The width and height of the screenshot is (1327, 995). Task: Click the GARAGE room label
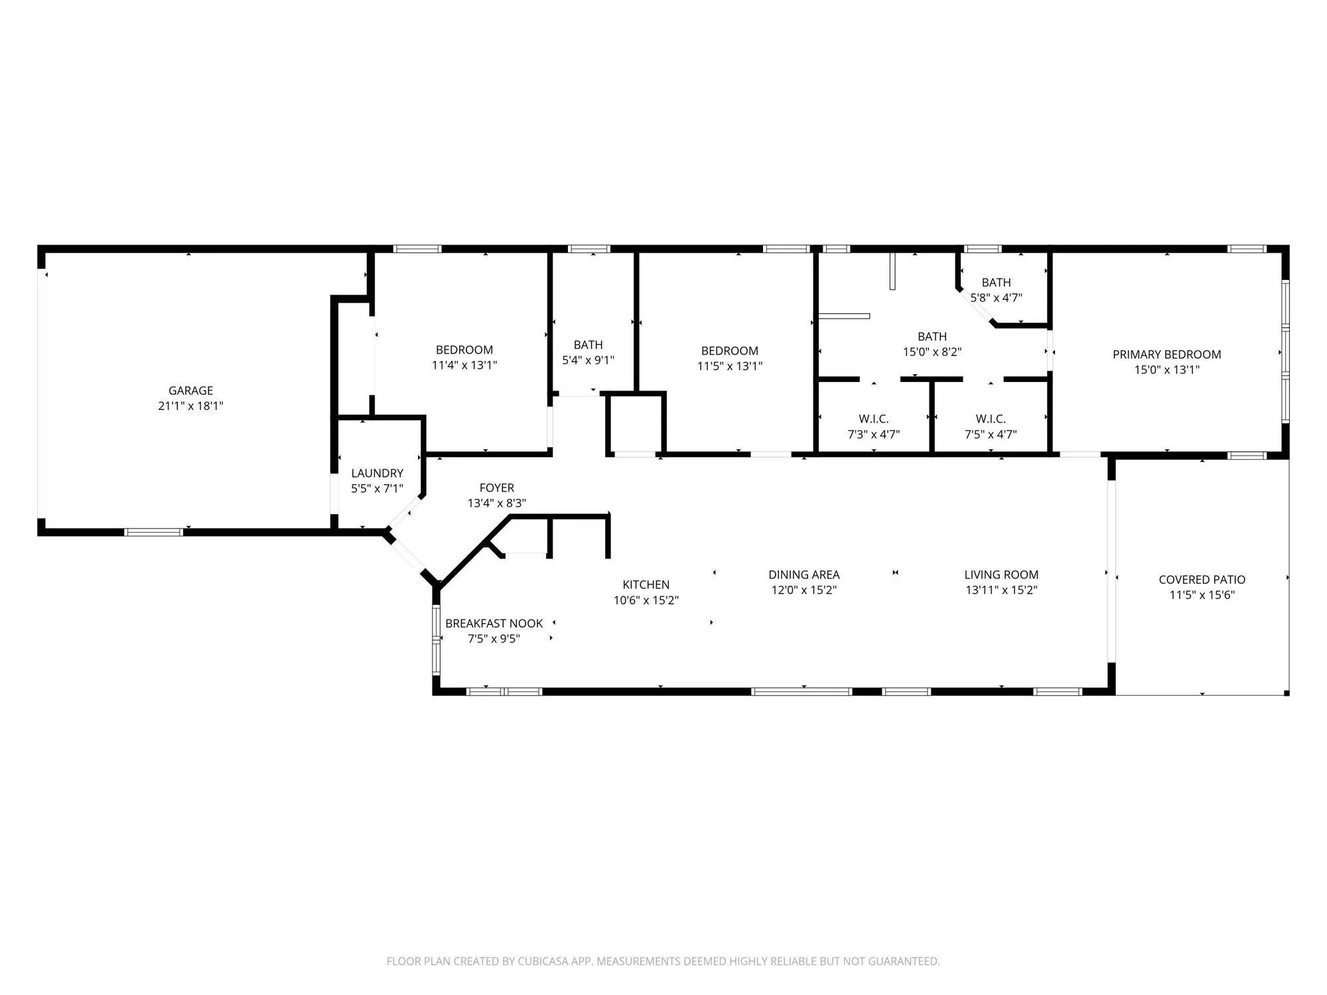[x=190, y=391]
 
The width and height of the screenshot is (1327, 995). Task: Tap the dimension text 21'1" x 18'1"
[x=190, y=406]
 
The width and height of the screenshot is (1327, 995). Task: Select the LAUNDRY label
[x=377, y=473]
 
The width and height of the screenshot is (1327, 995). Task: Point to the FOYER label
[x=496, y=488]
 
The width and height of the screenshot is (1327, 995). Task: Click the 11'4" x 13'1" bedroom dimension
[x=464, y=365]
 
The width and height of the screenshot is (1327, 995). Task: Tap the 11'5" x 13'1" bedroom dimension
[x=729, y=366]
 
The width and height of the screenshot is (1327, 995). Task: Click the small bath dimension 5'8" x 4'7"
[x=996, y=298]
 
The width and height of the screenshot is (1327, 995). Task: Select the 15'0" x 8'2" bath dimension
[x=932, y=352]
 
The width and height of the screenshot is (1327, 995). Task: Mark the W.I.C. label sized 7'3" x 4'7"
[x=873, y=419]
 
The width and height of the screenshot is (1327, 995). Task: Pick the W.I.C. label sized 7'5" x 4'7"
[x=990, y=419]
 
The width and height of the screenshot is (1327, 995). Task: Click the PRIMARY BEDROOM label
[x=1166, y=354]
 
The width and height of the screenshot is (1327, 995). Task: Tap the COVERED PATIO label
[x=1202, y=580]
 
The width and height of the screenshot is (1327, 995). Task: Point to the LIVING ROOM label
[x=1001, y=574]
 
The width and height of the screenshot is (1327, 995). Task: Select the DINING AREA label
[x=803, y=574]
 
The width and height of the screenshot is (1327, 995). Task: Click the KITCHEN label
[x=646, y=584]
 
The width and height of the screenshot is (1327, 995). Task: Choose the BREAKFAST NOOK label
[x=494, y=624]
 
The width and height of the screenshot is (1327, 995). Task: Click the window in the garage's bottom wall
[x=154, y=532]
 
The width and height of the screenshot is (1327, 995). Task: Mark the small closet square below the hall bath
[x=636, y=423]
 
